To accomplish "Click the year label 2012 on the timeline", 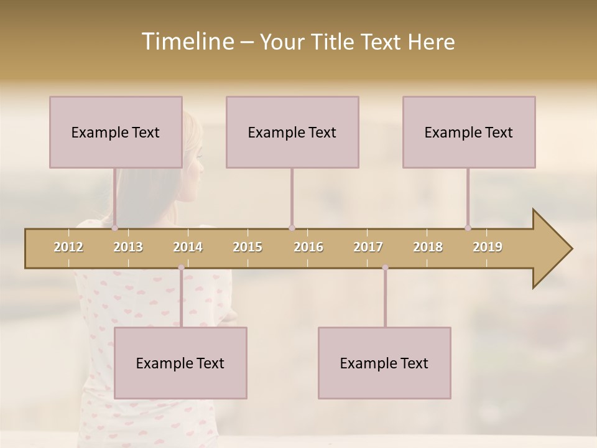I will click(x=68, y=247).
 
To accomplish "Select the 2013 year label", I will click(x=128, y=247).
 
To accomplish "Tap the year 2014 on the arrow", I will click(x=188, y=247).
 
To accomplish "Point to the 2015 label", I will click(x=248, y=247).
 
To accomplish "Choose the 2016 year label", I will click(x=308, y=247).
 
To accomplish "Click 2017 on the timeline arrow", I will click(x=368, y=247).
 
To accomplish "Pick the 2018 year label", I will click(x=428, y=247).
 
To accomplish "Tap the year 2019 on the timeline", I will click(x=488, y=247).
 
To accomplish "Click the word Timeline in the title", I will click(x=187, y=42).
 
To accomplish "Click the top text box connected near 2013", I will click(x=116, y=132).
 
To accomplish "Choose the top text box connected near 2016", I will click(x=292, y=132).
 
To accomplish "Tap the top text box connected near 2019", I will click(x=469, y=132).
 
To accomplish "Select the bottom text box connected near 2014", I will click(x=180, y=363).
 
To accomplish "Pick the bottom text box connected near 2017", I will click(x=384, y=363).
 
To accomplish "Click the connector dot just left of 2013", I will click(x=114, y=228).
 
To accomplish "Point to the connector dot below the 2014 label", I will click(x=181, y=268).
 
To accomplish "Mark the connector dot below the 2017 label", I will click(x=385, y=268).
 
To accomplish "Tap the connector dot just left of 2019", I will click(x=468, y=228).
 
